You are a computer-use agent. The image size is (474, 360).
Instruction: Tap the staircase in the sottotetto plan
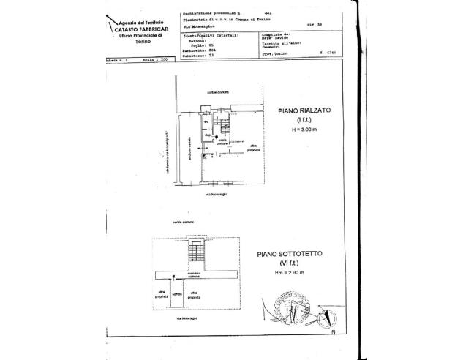point(194,254)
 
